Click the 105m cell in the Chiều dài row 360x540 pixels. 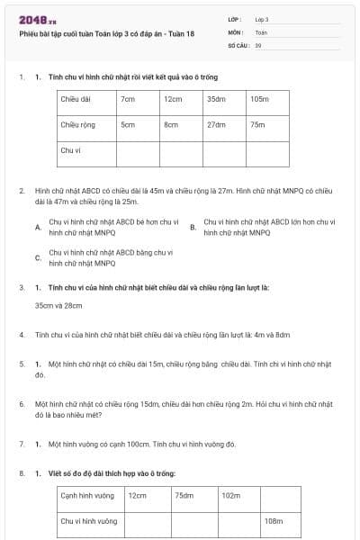point(259,99)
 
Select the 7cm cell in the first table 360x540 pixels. point(128,99)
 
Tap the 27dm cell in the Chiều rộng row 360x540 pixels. point(216,125)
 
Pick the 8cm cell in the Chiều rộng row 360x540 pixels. point(171,125)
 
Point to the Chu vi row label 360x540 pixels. point(68,150)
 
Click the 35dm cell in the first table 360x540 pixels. point(216,99)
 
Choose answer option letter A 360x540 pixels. point(37,227)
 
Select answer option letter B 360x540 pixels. point(193,227)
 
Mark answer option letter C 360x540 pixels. point(37,258)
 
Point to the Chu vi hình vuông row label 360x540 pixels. point(88,520)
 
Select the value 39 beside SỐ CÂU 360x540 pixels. point(258,44)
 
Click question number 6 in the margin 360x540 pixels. point(21,404)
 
